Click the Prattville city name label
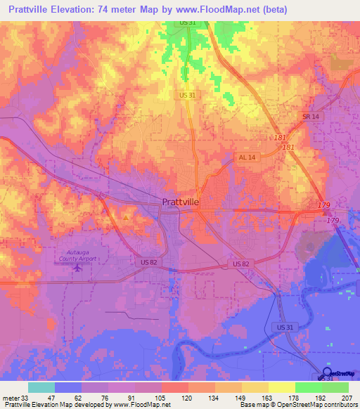click(x=181, y=202)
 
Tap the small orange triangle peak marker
click(x=126, y=218)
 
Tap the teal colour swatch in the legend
click(x=41, y=387)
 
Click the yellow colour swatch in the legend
click(x=282, y=387)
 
